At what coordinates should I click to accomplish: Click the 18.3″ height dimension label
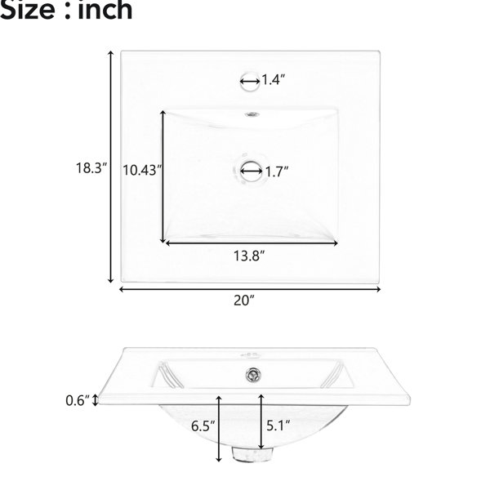91,168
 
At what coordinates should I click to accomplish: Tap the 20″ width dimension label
244,301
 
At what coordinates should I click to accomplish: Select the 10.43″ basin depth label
142,171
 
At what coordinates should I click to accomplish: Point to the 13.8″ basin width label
249,256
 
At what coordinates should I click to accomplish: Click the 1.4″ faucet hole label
273,80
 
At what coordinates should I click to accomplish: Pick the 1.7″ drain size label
277,171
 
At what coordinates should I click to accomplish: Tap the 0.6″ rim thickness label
78,400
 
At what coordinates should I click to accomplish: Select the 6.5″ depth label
203,426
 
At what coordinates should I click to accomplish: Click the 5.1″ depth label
278,425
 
